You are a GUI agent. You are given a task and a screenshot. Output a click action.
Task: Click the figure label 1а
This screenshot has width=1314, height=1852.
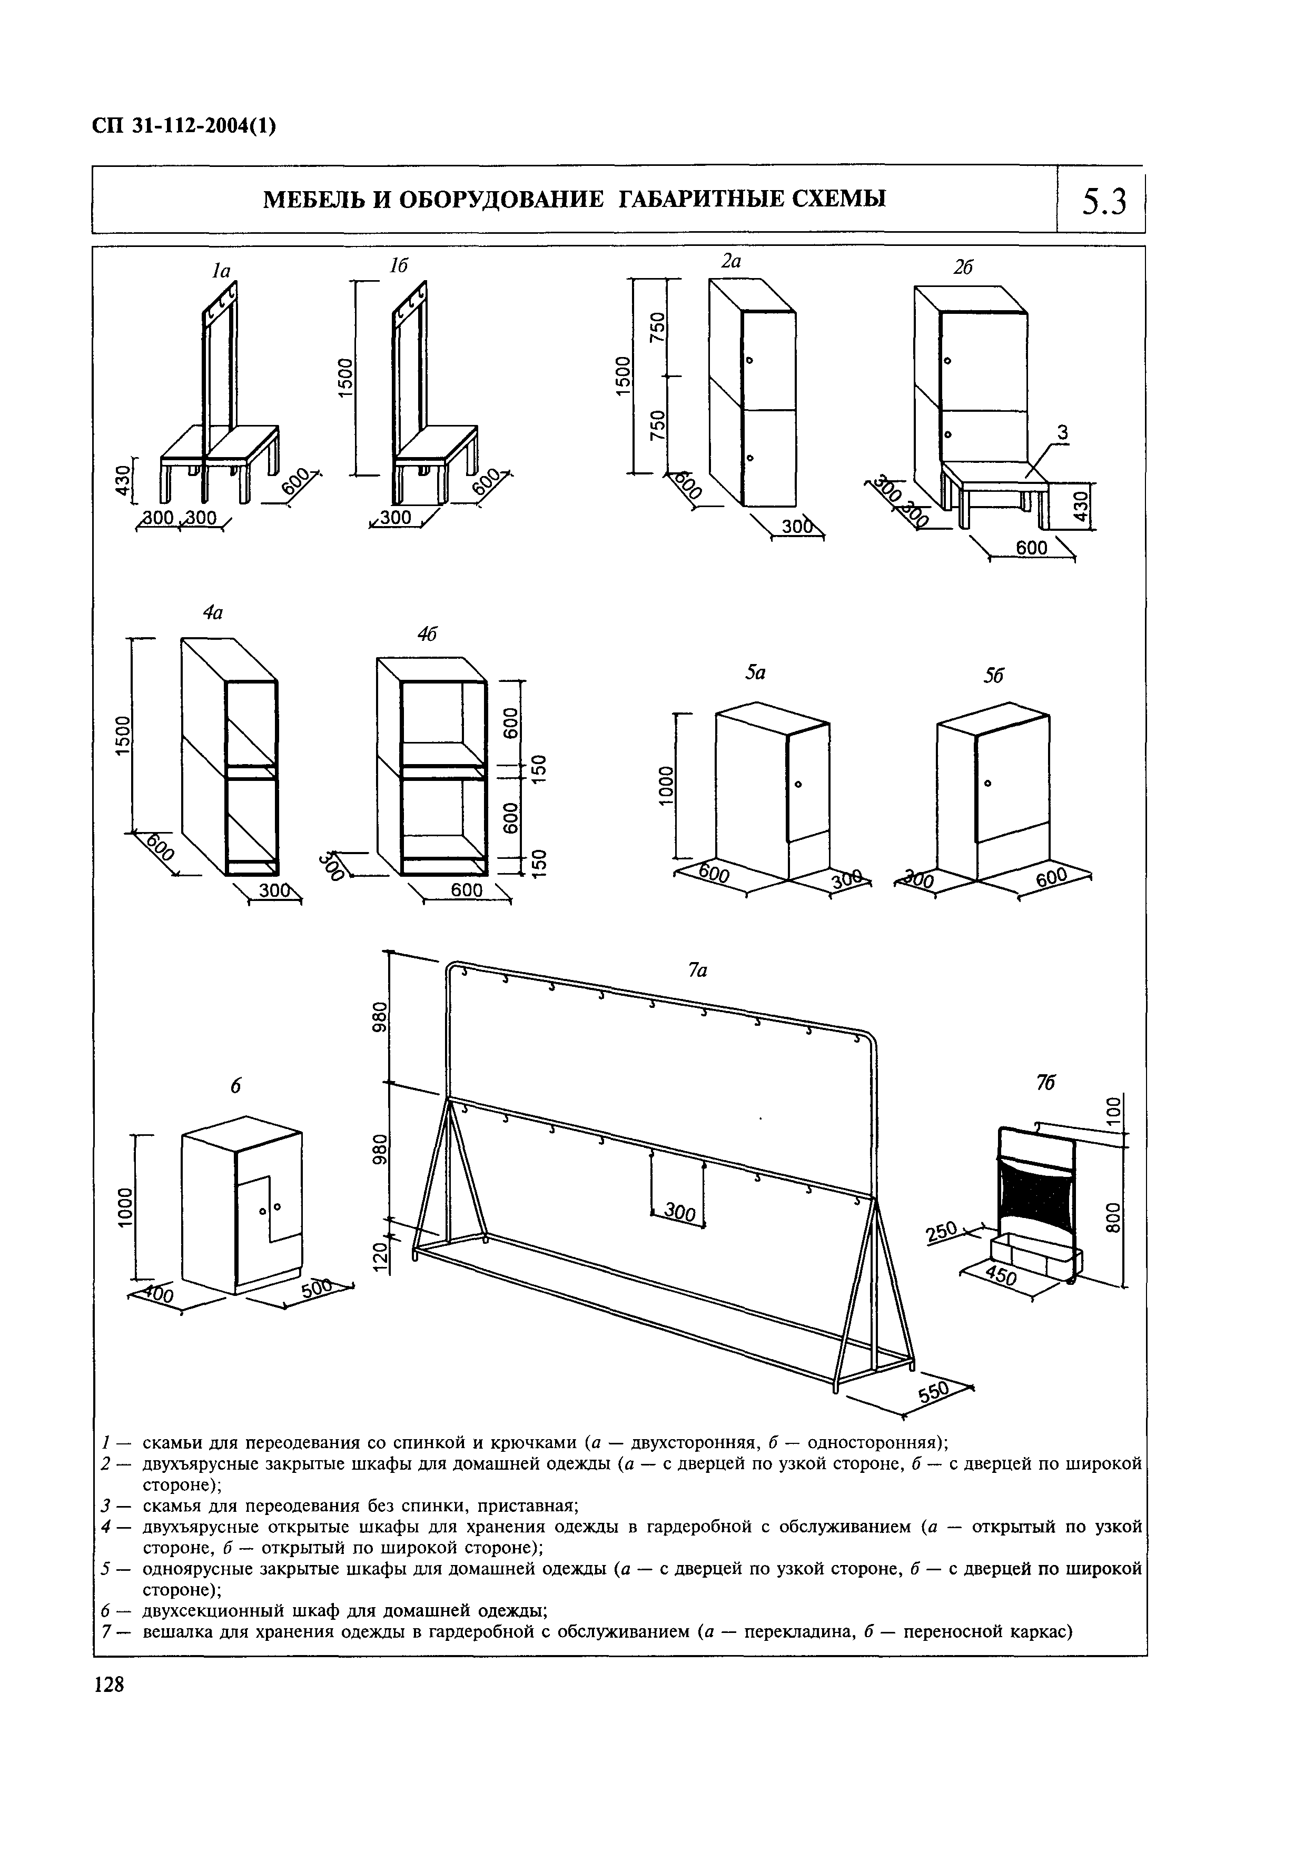coord(221,272)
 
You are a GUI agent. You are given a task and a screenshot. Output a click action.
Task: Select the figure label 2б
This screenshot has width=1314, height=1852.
coord(962,268)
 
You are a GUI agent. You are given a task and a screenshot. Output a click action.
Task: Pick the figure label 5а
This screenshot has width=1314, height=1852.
coord(756,672)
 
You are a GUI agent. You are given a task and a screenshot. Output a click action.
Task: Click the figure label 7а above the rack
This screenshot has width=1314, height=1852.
coord(697,970)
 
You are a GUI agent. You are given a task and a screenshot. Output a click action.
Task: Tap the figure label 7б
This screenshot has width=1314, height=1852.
coord(1045,1083)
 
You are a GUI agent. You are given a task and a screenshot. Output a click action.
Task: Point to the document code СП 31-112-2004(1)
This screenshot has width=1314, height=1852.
coord(184,127)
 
